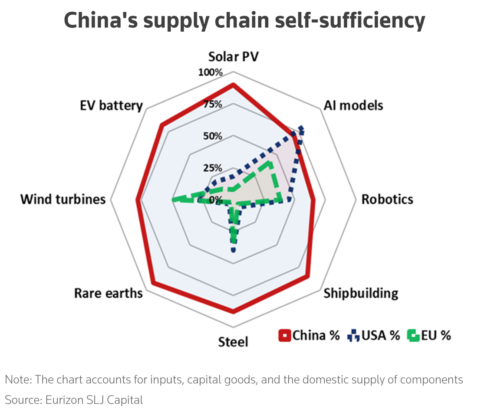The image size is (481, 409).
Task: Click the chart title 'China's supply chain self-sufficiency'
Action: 244,20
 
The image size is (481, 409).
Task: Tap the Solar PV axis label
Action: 233,57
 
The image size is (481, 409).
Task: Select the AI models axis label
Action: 353,105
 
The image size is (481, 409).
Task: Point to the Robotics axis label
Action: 387,199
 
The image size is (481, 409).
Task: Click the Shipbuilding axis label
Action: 361,293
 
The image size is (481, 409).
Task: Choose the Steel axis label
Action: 233,342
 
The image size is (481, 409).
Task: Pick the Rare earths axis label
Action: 109,293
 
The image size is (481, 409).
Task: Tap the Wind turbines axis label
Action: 63,199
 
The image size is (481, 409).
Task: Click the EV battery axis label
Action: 111,105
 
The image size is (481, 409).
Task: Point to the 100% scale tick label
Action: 211,72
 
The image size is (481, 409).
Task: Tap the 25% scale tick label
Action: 214,168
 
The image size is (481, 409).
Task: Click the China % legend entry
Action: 309,335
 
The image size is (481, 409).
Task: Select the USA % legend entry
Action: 373,335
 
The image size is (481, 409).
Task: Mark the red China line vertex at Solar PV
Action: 233,85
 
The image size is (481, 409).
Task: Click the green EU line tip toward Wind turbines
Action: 174,200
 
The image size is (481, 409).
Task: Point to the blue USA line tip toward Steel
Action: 234,250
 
